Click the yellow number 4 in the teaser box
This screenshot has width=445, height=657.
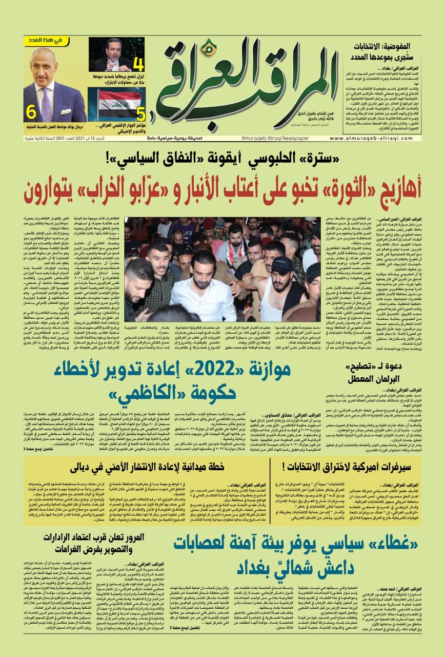click(x=137, y=64)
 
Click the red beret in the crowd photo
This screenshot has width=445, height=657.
click(x=209, y=223)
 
